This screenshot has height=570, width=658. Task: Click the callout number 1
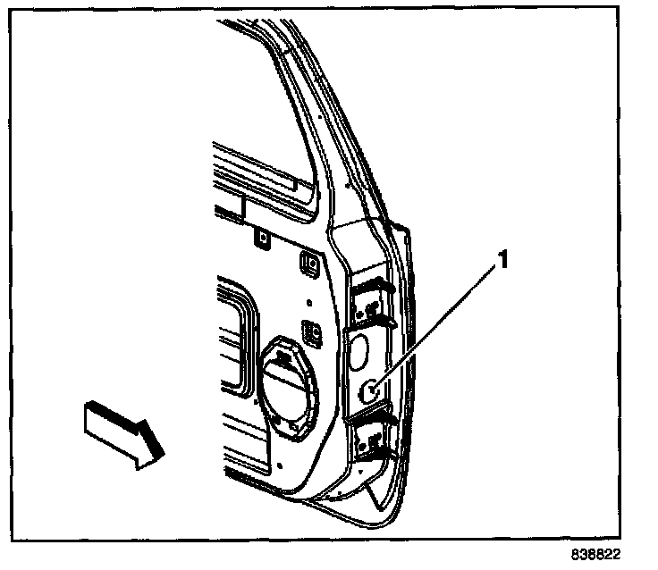click(x=503, y=260)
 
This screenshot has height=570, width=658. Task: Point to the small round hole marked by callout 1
click(x=370, y=388)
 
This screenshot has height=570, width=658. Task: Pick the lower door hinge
click(x=372, y=438)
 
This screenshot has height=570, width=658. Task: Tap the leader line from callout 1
click(x=438, y=323)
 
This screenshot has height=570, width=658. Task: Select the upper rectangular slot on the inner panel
click(x=310, y=261)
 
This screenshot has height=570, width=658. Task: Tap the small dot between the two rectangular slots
click(x=307, y=300)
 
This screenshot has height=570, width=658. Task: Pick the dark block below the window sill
click(x=229, y=207)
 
